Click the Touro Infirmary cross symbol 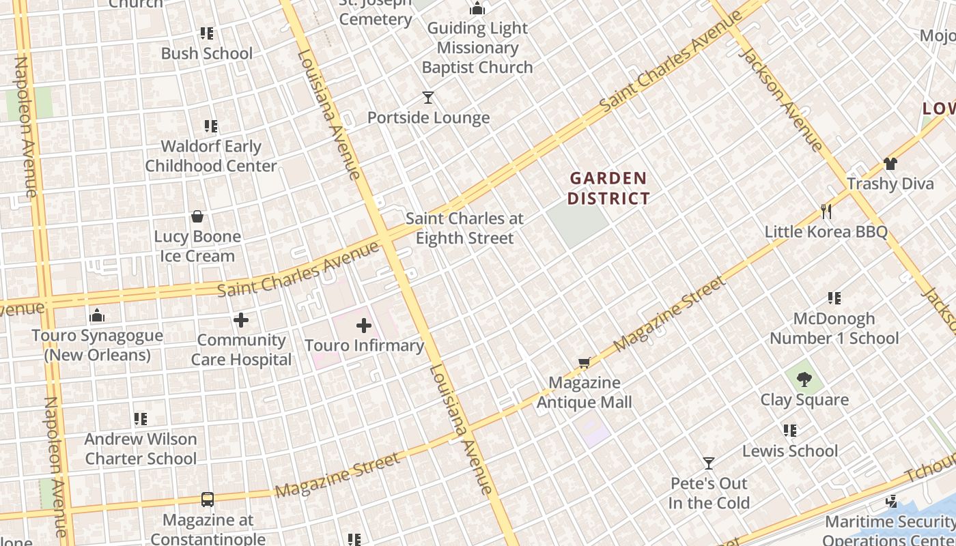[x=364, y=326]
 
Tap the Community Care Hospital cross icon [x=240, y=319]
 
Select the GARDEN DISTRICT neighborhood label [x=608, y=188]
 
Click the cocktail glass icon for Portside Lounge [x=427, y=98]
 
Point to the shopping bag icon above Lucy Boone [x=197, y=216]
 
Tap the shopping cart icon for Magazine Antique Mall [x=584, y=363]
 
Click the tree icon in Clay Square [x=804, y=379]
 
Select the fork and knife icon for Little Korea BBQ [x=826, y=211]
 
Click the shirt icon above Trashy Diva [x=890, y=163]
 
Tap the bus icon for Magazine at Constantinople [x=207, y=500]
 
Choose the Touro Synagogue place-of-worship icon [x=97, y=315]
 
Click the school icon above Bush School [x=206, y=33]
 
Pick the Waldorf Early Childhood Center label [x=211, y=156]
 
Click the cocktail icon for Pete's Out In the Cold [x=709, y=463]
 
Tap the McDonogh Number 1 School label [x=834, y=328]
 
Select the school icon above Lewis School [x=789, y=430]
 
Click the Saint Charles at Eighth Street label [x=464, y=228]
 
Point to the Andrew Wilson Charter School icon [x=140, y=418]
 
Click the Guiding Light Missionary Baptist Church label [x=477, y=48]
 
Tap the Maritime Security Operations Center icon [x=890, y=502]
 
